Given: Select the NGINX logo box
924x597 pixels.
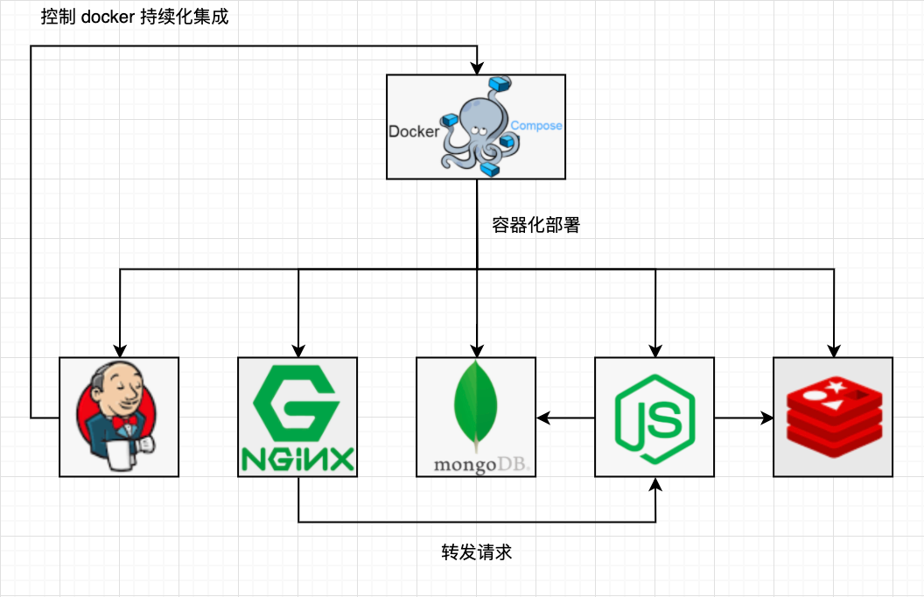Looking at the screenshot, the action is pyautogui.click(x=297, y=417).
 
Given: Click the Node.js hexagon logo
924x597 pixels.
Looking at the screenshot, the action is pyautogui.click(x=654, y=418).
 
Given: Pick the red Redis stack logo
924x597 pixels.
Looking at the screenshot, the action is pyautogui.click(x=835, y=418).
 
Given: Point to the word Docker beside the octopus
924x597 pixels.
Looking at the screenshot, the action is pyautogui.click(x=414, y=131).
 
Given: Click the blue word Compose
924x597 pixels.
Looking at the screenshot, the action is pyautogui.click(x=536, y=125).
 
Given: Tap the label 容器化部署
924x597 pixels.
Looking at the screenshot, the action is pyautogui.click(x=535, y=225).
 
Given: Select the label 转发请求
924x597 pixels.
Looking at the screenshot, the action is pyautogui.click(x=477, y=552).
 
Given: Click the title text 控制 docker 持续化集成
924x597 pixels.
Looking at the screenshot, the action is pyautogui.click(x=135, y=17).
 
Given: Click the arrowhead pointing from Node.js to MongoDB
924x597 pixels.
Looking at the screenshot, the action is pyautogui.click(x=543, y=418).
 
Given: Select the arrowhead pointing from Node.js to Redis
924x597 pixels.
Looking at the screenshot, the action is pyautogui.click(x=766, y=418).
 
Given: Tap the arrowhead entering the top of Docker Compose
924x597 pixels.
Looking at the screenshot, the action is pyautogui.click(x=477, y=67).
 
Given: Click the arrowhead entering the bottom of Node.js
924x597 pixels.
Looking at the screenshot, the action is pyautogui.click(x=655, y=484).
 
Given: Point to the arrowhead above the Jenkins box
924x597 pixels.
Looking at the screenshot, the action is pyautogui.click(x=120, y=350).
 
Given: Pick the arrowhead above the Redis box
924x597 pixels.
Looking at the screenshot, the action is pyautogui.click(x=833, y=350).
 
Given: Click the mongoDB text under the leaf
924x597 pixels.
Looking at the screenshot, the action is pyautogui.click(x=481, y=465).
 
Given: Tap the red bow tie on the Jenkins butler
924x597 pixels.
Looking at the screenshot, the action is pyautogui.click(x=125, y=423).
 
